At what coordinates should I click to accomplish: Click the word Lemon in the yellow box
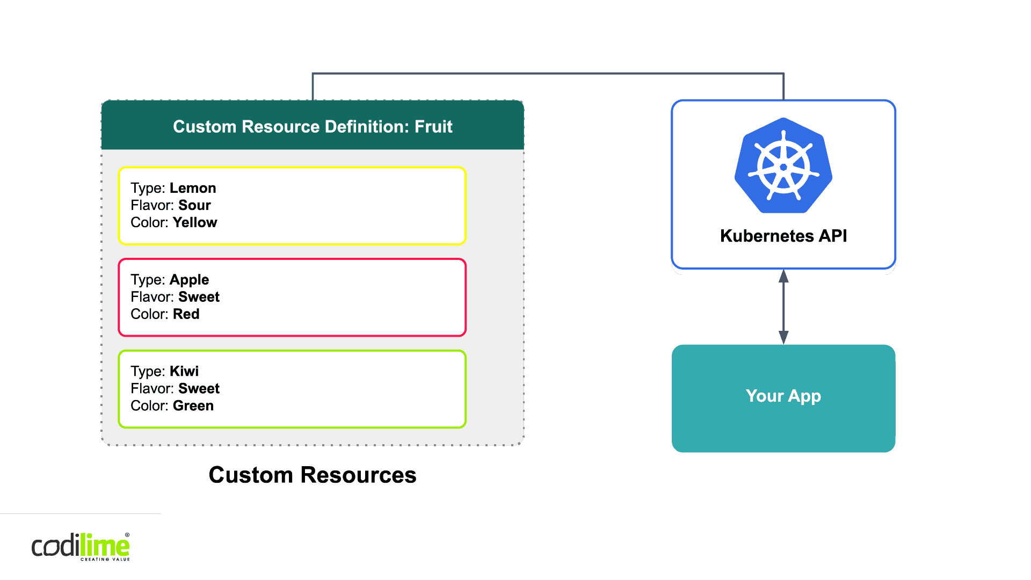tap(193, 188)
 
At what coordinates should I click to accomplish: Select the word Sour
tap(194, 205)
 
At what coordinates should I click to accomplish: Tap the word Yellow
tap(195, 222)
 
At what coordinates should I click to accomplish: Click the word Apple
tap(189, 280)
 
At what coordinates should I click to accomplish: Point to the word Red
tap(186, 314)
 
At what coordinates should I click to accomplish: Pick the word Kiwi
tap(184, 371)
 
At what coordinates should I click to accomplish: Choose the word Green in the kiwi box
tap(193, 405)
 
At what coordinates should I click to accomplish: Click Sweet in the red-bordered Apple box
tap(199, 297)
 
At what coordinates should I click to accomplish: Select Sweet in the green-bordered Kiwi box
tap(199, 388)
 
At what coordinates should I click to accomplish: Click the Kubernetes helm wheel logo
tap(783, 166)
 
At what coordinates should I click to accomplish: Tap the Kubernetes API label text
tap(783, 236)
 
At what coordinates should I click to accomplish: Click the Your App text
tap(783, 396)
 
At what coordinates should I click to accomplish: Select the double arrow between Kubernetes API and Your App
tap(783, 307)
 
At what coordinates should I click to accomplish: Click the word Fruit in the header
tap(433, 127)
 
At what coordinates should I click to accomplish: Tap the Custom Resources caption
tap(313, 475)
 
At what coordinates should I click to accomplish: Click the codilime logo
tap(81, 546)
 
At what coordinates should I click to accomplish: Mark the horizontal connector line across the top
tap(548, 73)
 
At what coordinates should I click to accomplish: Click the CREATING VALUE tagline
tap(105, 560)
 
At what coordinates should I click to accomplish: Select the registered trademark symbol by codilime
tap(127, 535)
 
